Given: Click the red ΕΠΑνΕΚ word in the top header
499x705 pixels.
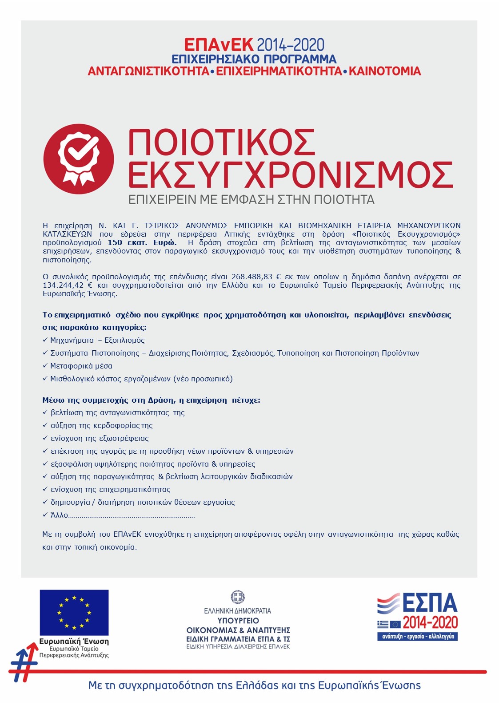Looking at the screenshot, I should coord(219,45).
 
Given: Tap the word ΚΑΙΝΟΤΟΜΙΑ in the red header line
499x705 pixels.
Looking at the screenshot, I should coord(385,71).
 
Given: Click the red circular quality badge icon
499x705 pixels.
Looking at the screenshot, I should coord(79,159).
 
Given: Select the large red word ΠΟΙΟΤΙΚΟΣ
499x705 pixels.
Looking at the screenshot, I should coord(222,143).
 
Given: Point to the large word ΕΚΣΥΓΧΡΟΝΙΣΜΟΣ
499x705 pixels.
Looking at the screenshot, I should coord(291,174).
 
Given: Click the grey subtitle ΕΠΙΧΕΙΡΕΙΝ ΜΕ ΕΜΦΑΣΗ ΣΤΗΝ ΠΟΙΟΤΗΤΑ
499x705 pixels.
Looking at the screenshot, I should coord(251,200).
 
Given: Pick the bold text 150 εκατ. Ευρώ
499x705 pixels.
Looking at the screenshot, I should coord(142,243).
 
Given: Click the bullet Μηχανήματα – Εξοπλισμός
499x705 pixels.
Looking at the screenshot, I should coord(97,341).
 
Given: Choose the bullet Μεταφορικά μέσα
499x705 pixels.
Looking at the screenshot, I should coord(81,366).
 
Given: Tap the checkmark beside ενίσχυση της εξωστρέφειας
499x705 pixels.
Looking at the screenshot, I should coord(45,438).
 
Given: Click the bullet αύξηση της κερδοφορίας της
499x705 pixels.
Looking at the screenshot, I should coord(101,426).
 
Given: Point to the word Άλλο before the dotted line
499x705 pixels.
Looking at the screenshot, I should coord(59,515).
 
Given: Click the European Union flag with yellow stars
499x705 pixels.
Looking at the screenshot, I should coord(74,613).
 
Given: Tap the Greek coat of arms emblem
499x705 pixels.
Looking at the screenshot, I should coord(238,597).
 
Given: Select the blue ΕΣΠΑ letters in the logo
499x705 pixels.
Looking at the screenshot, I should coord(430,603).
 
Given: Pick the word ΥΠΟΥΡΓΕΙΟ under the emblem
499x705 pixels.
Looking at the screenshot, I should coord(238,621).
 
